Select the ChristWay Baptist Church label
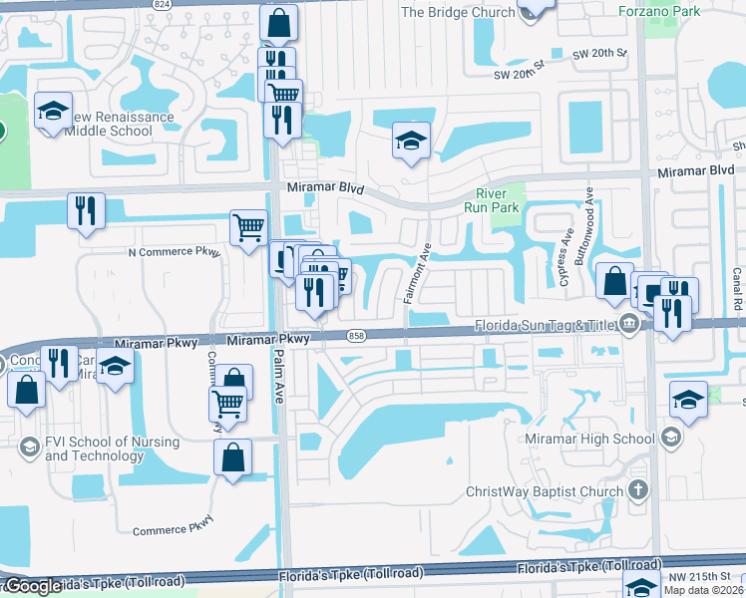(x=545, y=491)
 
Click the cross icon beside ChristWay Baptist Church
(x=638, y=490)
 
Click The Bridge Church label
(x=458, y=13)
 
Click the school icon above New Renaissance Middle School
(x=53, y=112)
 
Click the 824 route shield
(x=163, y=4)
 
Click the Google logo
(x=32, y=586)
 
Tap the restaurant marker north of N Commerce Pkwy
(x=86, y=210)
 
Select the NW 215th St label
(x=698, y=577)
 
